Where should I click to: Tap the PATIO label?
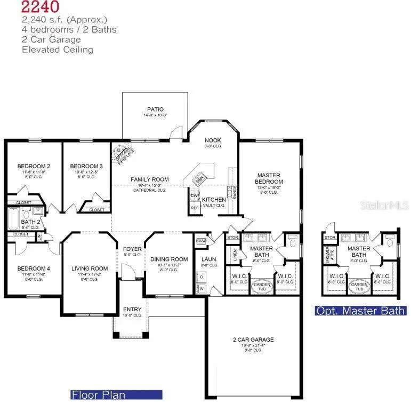point(155,110)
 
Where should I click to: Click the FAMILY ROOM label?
point(150,179)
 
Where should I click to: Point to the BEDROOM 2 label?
point(33,166)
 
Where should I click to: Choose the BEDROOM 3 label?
point(86,166)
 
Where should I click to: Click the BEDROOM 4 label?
point(33,269)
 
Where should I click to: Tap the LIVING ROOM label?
point(90,269)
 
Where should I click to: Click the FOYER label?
point(132,249)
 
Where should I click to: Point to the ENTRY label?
point(132,309)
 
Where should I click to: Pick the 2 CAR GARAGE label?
point(253,340)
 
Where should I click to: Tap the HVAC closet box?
point(201,240)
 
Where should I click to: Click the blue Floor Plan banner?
point(116,395)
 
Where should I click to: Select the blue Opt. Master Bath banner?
point(360,311)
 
